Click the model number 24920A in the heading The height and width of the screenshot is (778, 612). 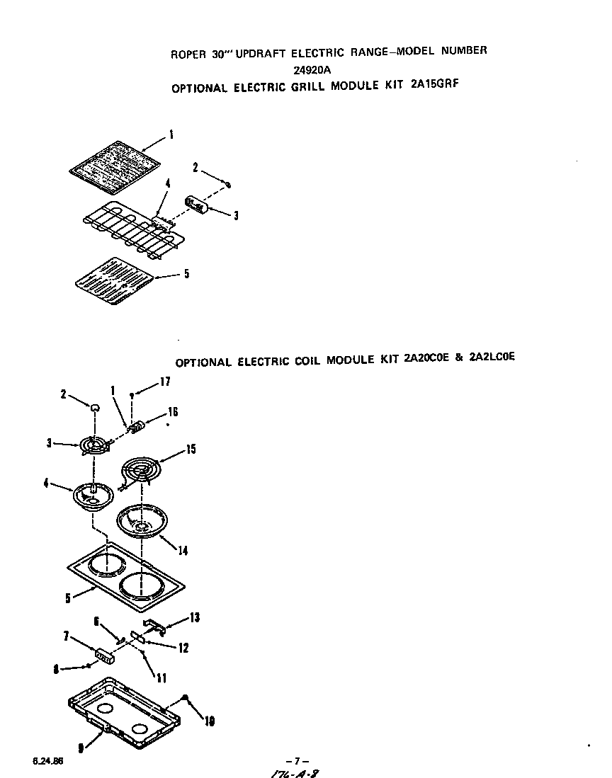pos(312,69)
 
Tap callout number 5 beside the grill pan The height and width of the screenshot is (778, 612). pos(186,274)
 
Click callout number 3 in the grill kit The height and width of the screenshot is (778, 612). pos(235,215)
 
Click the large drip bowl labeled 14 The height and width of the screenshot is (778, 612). pos(144,522)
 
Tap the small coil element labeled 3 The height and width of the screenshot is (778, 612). pos(93,447)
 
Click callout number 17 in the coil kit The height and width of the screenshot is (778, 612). pos(165,381)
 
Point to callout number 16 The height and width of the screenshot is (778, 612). pos(172,412)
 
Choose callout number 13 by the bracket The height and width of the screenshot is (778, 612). pos(193,618)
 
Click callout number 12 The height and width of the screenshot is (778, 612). pos(183,647)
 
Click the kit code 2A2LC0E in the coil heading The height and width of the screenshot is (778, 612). pos(489,357)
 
